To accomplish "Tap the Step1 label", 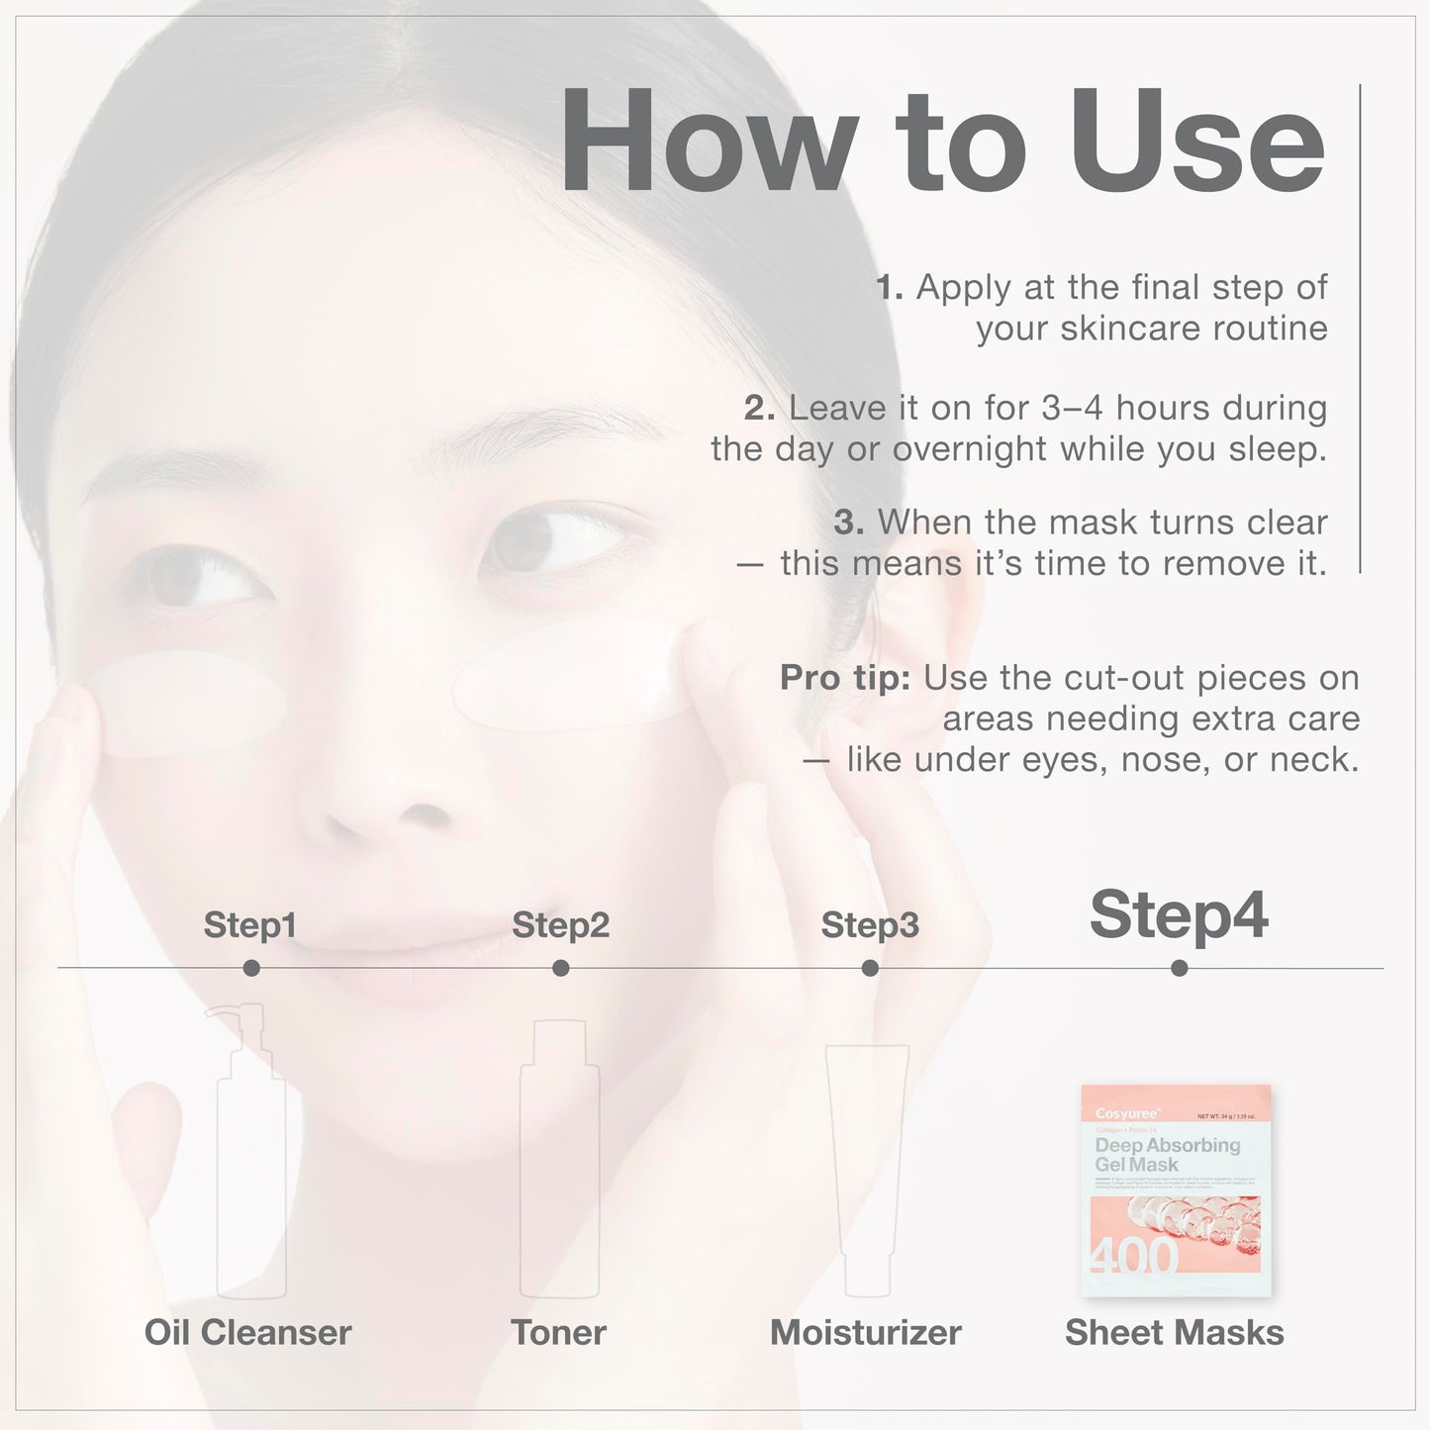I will point(249,925).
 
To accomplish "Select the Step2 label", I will point(560,925).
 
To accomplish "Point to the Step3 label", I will point(870,925).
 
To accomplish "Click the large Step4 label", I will point(1179,915).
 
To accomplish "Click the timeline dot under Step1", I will point(251,968).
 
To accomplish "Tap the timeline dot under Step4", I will point(1179,968).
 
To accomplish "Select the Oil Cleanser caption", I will point(248,1332).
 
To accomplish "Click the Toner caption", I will point(559,1332).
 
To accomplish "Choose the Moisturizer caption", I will point(866,1332).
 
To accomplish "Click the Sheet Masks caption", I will point(1175,1332).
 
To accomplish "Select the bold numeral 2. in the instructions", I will point(759,408).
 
